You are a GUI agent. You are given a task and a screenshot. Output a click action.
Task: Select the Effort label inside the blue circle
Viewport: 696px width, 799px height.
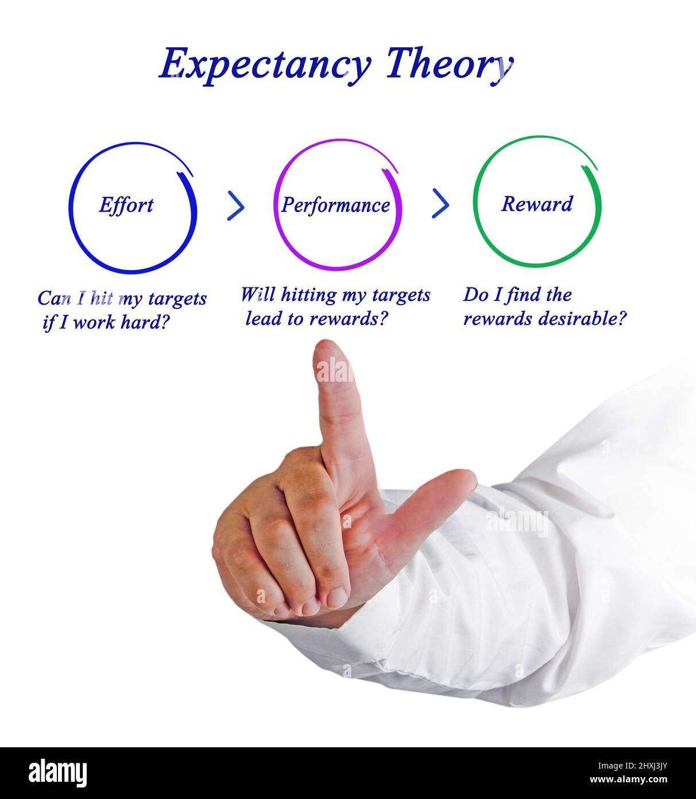(126, 205)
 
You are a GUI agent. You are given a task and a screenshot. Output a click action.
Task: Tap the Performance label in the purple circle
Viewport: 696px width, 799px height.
(335, 205)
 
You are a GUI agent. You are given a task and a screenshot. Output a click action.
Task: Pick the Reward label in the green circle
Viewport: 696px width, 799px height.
(537, 203)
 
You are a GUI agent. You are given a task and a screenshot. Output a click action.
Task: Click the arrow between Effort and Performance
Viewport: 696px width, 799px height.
(235, 206)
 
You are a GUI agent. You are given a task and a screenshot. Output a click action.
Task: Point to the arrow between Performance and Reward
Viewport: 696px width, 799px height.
(440, 203)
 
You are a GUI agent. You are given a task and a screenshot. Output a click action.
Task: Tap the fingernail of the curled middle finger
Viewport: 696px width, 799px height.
(337, 597)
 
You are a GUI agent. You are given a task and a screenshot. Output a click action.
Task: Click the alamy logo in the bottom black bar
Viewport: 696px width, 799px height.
(57, 773)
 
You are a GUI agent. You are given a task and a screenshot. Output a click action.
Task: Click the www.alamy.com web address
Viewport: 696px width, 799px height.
(628, 780)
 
